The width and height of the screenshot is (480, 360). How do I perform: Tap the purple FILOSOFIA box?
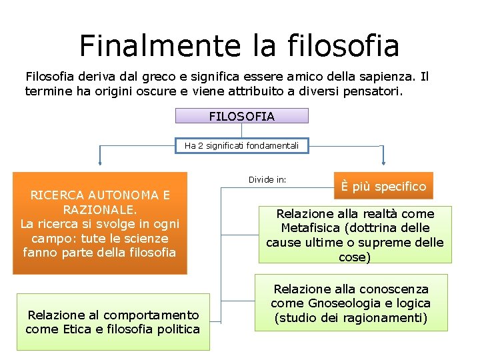pyautogui.click(x=241, y=116)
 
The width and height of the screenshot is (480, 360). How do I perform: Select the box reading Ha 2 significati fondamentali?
pyautogui.click(x=241, y=145)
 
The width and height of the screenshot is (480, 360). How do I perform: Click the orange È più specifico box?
pyautogui.click(x=383, y=187)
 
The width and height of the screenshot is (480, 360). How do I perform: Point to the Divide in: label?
pyautogui.click(x=267, y=180)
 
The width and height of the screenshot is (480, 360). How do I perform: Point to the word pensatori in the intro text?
pyautogui.click(x=373, y=91)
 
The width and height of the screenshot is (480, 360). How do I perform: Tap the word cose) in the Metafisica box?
pyautogui.click(x=355, y=257)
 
